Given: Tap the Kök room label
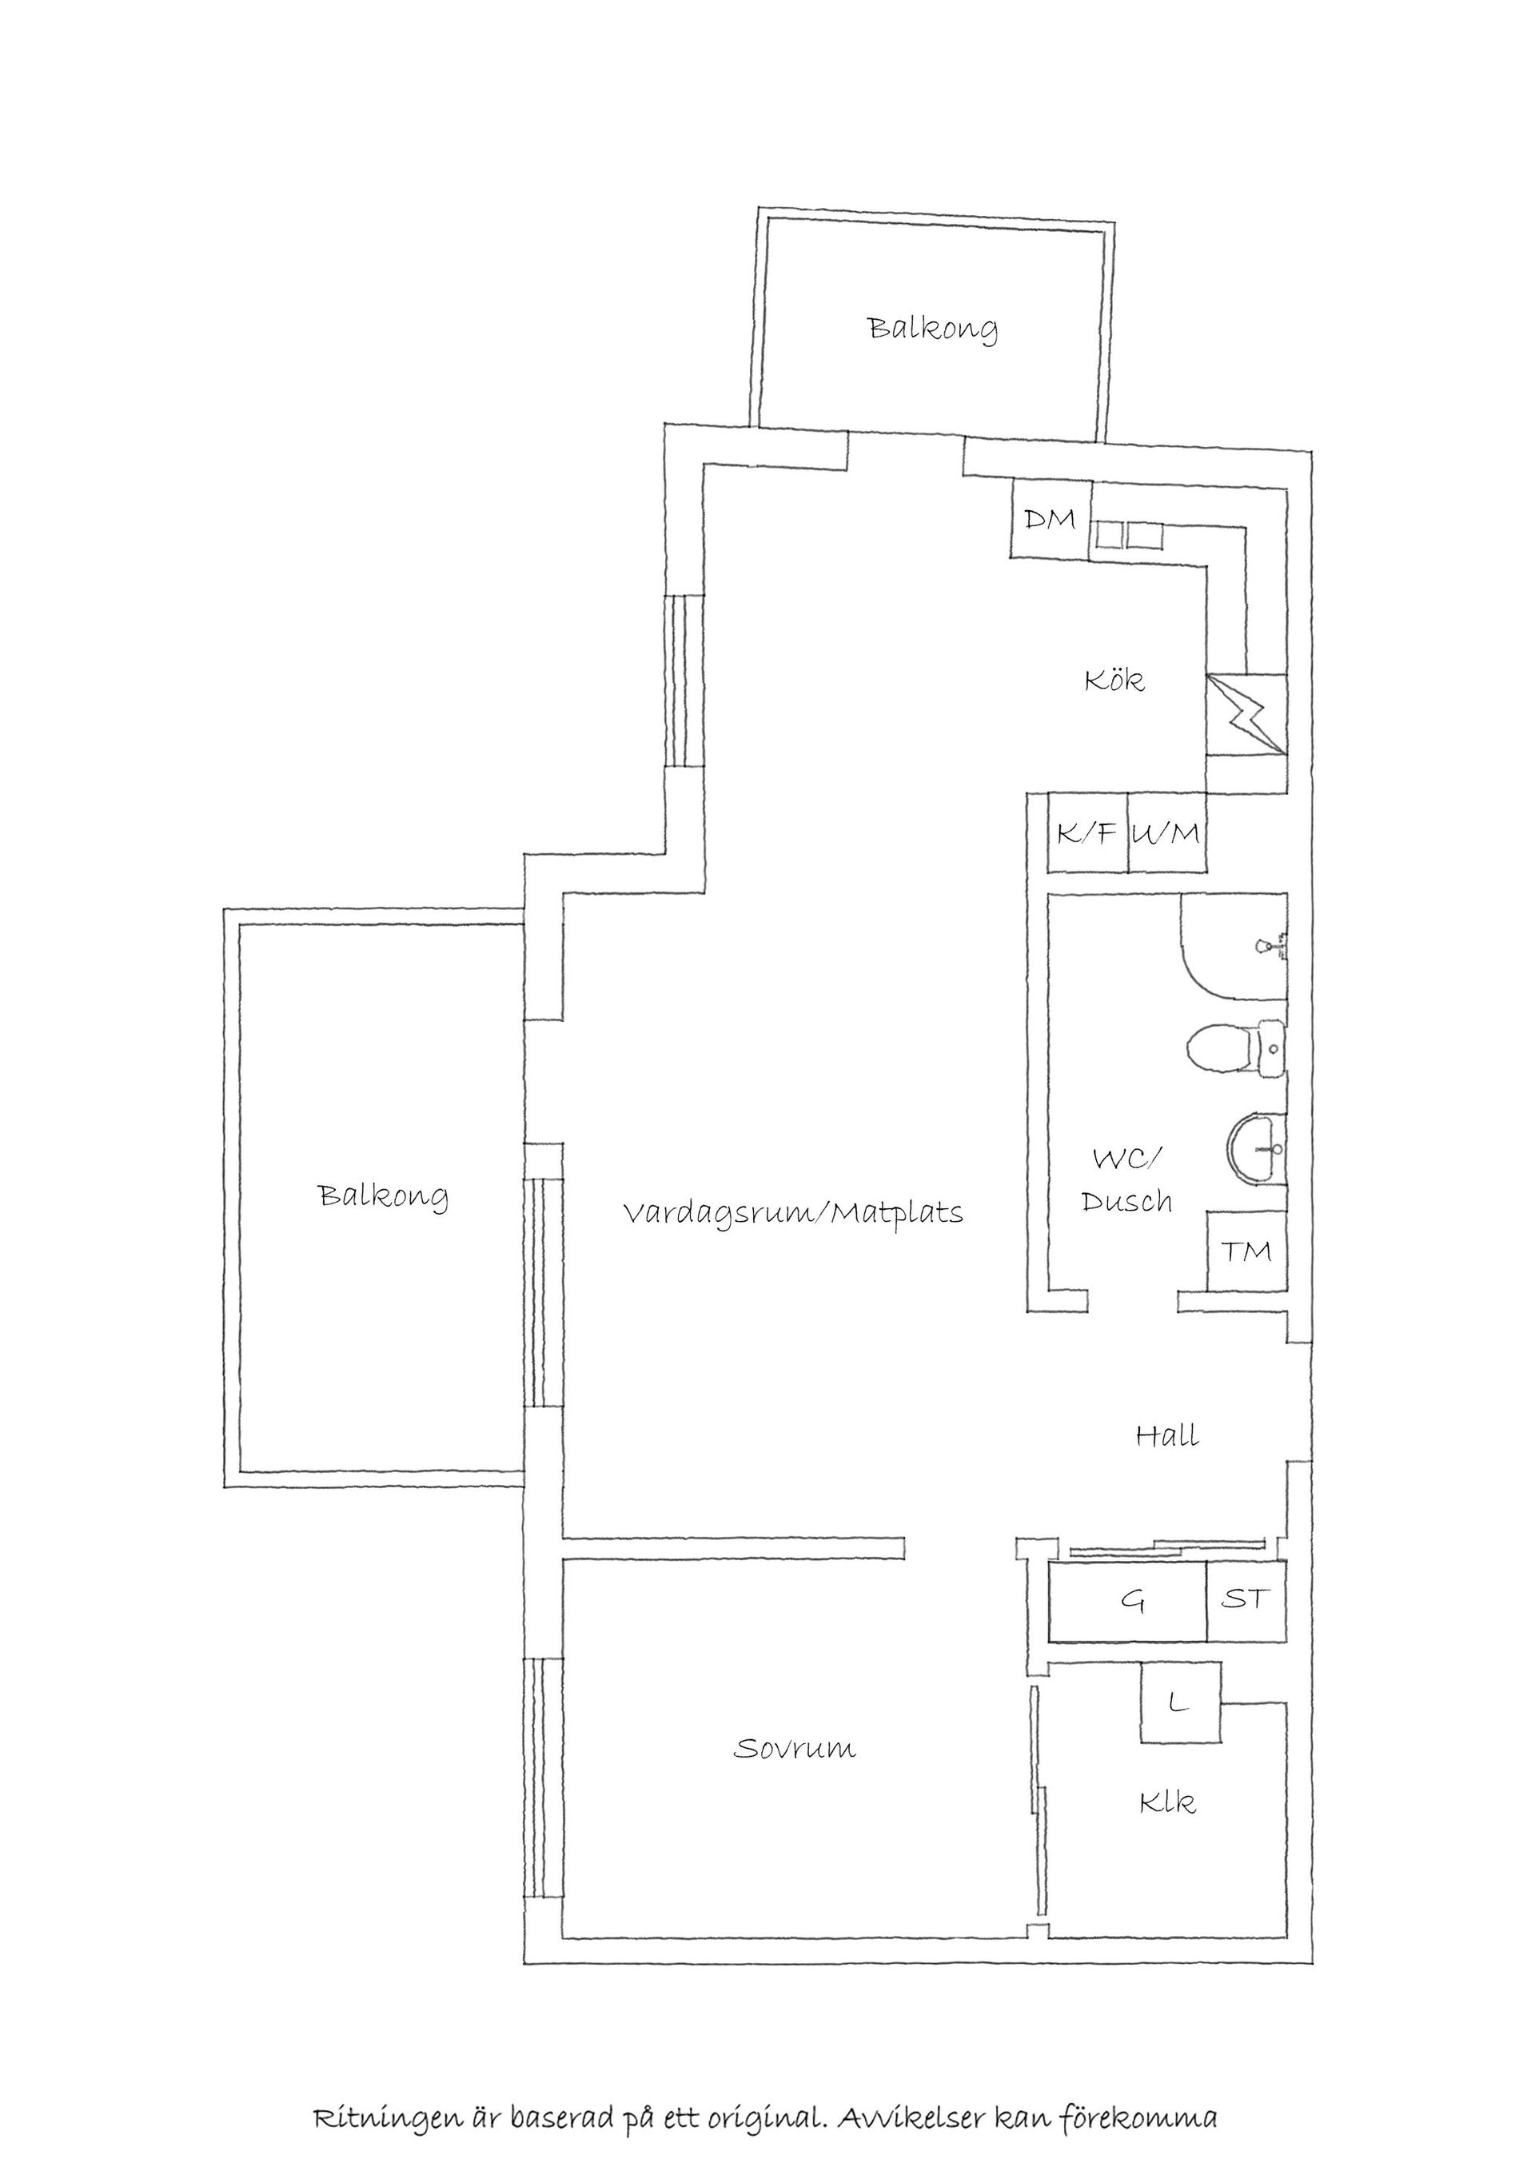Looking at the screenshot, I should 1114,680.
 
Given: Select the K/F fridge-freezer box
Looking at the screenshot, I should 1087,833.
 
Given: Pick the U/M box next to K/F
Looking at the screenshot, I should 1166,833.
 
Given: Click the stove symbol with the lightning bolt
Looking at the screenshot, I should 1246,714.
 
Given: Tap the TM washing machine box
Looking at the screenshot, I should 1246,1251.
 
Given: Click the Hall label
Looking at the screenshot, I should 1167,1436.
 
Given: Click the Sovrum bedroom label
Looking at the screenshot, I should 794,1748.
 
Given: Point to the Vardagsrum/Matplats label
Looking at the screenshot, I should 792,1212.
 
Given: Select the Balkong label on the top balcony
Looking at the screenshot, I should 932,329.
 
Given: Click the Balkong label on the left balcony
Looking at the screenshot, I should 383,1195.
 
